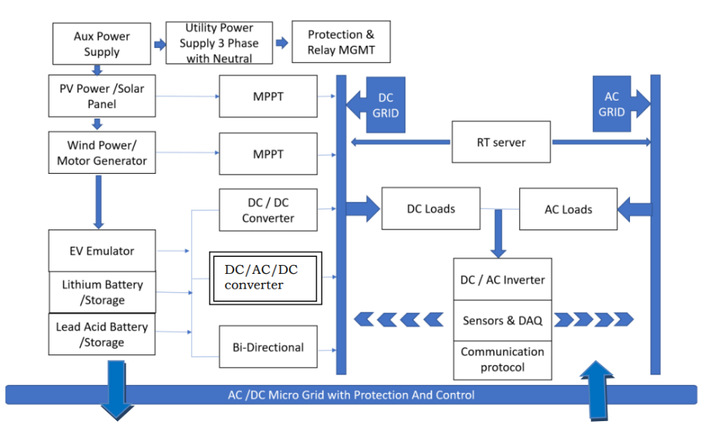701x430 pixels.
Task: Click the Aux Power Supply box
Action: (x=101, y=44)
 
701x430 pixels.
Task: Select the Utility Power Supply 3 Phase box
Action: (x=219, y=43)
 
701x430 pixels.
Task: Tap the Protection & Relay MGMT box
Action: (x=341, y=42)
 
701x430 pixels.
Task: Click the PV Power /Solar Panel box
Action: (x=102, y=96)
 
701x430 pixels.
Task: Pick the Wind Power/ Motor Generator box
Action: (x=102, y=152)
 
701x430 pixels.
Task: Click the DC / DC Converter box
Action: (x=268, y=209)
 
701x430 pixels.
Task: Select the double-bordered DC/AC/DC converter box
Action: (x=266, y=278)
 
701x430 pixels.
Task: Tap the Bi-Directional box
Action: (x=268, y=347)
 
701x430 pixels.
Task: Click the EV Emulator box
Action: (x=102, y=251)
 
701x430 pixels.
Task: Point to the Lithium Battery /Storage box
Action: (x=102, y=292)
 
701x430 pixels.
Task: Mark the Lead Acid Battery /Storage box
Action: (x=102, y=335)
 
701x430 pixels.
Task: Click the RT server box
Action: (x=501, y=142)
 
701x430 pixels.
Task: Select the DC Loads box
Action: (x=430, y=209)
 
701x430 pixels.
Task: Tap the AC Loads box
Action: (x=568, y=209)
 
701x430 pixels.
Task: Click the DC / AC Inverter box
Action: (x=502, y=280)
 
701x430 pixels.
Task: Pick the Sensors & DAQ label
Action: (x=502, y=320)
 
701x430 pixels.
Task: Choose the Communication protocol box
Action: (x=502, y=360)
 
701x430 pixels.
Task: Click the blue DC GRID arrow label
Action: (x=385, y=105)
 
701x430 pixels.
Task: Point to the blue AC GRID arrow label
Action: (x=612, y=104)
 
